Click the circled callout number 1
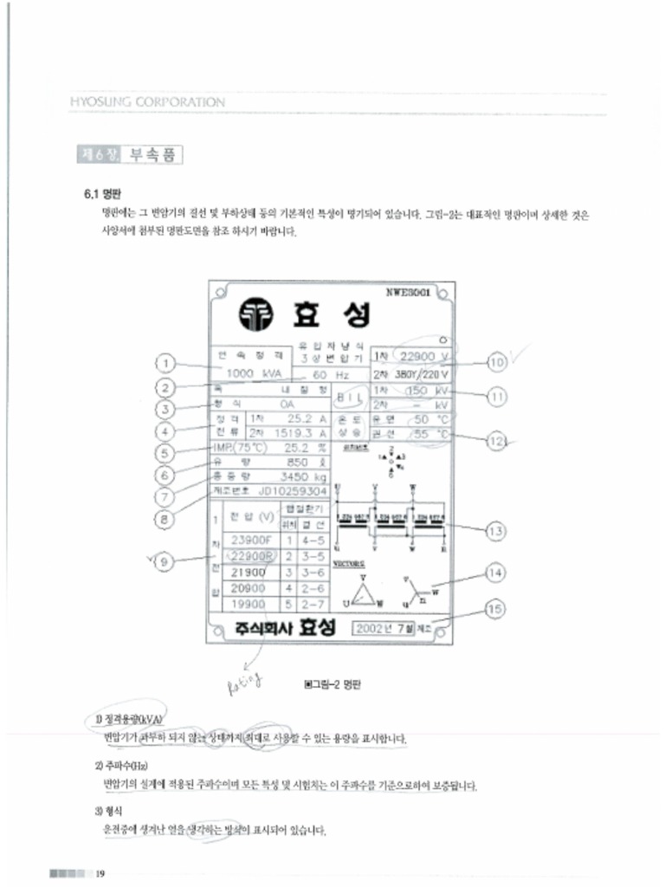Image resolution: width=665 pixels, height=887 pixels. tap(168, 363)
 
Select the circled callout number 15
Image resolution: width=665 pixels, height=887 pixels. tap(494, 610)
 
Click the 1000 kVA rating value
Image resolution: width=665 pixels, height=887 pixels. tap(248, 373)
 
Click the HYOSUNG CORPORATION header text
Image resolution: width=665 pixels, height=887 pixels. tap(147, 102)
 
